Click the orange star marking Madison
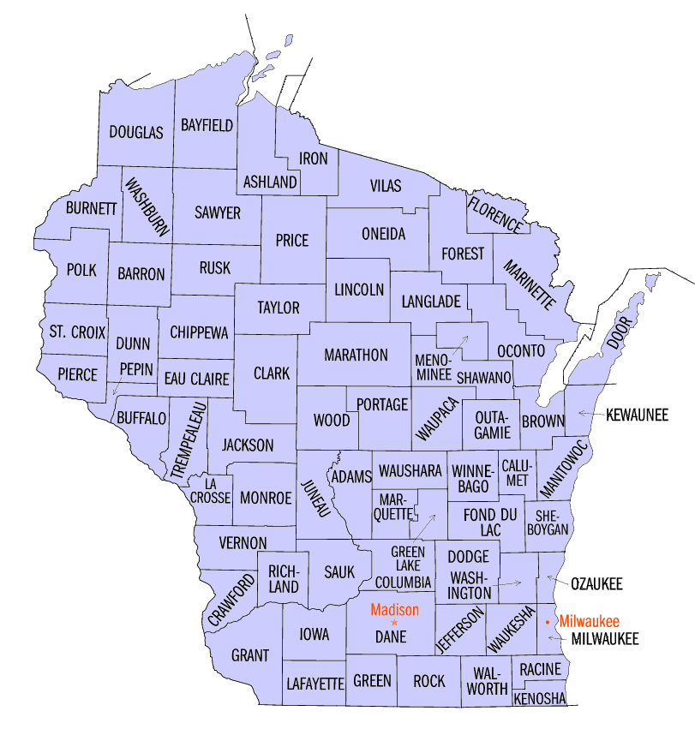point(394,622)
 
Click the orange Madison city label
point(394,610)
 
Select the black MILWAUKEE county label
point(605,639)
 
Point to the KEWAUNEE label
point(637,415)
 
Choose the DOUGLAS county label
point(135,132)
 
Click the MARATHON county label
point(356,355)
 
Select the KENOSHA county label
point(540,699)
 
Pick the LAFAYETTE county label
point(314,683)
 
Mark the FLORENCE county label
point(494,215)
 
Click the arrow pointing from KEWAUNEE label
point(588,414)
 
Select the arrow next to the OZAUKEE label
point(557,583)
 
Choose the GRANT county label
point(250,655)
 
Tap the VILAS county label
point(386,186)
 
